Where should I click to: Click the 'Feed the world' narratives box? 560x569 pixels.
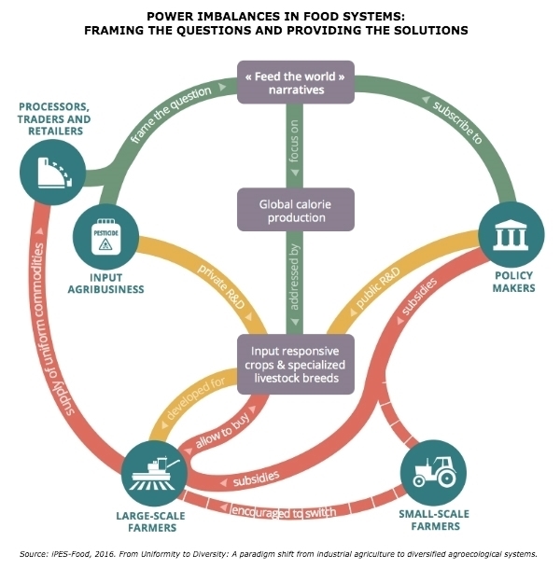pos(296,82)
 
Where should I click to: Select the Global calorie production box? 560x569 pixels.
pos(296,209)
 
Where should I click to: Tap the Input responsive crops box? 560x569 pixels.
pos(296,365)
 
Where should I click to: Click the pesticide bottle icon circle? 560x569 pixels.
pos(105,237)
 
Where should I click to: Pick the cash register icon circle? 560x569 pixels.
pos(53,173)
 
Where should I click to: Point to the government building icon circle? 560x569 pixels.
pos(511,235)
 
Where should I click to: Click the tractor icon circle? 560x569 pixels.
pos(433,473)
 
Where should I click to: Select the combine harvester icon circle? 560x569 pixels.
pos(154,474)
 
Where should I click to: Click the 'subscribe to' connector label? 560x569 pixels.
pos(457,121)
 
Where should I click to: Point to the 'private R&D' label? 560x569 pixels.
pos(221,286)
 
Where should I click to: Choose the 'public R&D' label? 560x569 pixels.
pos(378,288)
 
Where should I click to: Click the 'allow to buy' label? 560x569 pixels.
pos(223,430)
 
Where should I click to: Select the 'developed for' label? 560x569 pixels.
pos(196,397)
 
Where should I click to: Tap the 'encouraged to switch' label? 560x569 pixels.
pos(284,512)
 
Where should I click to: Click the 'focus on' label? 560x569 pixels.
pos(294,141)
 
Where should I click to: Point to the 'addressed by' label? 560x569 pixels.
pos(294,277)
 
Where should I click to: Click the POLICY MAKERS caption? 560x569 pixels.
pos(513,282)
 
